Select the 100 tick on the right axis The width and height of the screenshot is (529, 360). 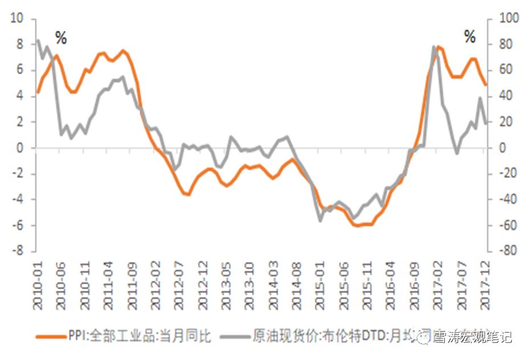coord(509,19)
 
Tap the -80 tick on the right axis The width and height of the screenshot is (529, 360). coord(508,251)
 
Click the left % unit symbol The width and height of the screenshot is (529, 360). coord(61,39)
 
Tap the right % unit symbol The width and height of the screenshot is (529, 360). coord(469,38)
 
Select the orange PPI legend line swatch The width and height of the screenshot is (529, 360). coord(48,336)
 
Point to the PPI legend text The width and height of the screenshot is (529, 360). coord(137,336)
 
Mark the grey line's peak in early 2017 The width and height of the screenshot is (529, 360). coord(434,46)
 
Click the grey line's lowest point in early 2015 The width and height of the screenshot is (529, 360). coord(320,220)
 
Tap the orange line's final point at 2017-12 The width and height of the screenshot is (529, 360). coord(486,85)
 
